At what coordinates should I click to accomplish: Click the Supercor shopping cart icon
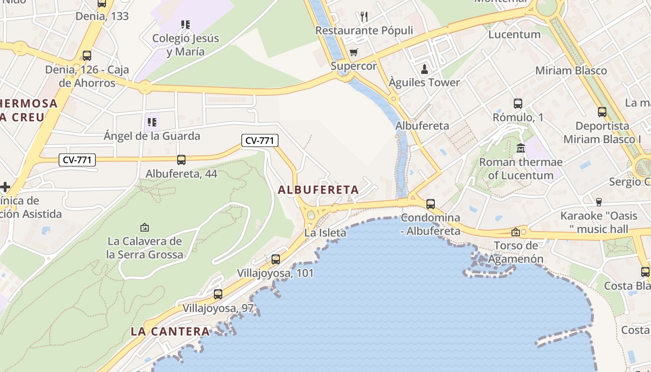pos(354,52)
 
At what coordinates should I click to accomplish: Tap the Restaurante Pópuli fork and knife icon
pos(364,17)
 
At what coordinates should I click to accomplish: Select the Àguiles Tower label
pos(424,82)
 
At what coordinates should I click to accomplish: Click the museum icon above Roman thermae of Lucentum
pos(521,148)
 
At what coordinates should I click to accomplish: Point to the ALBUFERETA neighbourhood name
pos(319,190)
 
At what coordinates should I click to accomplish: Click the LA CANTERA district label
pos(170,332)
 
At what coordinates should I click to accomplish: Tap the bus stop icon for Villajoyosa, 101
pos(276,259)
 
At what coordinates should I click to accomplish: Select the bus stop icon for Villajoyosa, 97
pos(218,294)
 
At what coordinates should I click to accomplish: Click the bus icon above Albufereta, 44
pos(181,160)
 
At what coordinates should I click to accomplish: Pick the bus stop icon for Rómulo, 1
pos(518,104)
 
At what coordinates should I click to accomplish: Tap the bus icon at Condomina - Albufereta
pos(431,204)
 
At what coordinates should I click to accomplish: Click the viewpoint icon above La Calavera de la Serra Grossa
pos(145,228)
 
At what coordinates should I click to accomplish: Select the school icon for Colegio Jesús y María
pos(186,24)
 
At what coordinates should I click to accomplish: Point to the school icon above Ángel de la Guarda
pos(152,122)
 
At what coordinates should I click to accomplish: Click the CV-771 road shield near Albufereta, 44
pos(77,160)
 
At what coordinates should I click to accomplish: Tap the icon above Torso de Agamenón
pos(516,232)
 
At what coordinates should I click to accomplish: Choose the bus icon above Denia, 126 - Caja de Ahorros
pos(87,56)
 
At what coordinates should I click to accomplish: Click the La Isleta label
pos(325,233)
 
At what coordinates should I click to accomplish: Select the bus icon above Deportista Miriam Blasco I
pos(602,112)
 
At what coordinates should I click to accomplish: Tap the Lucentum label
pos(514,34)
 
